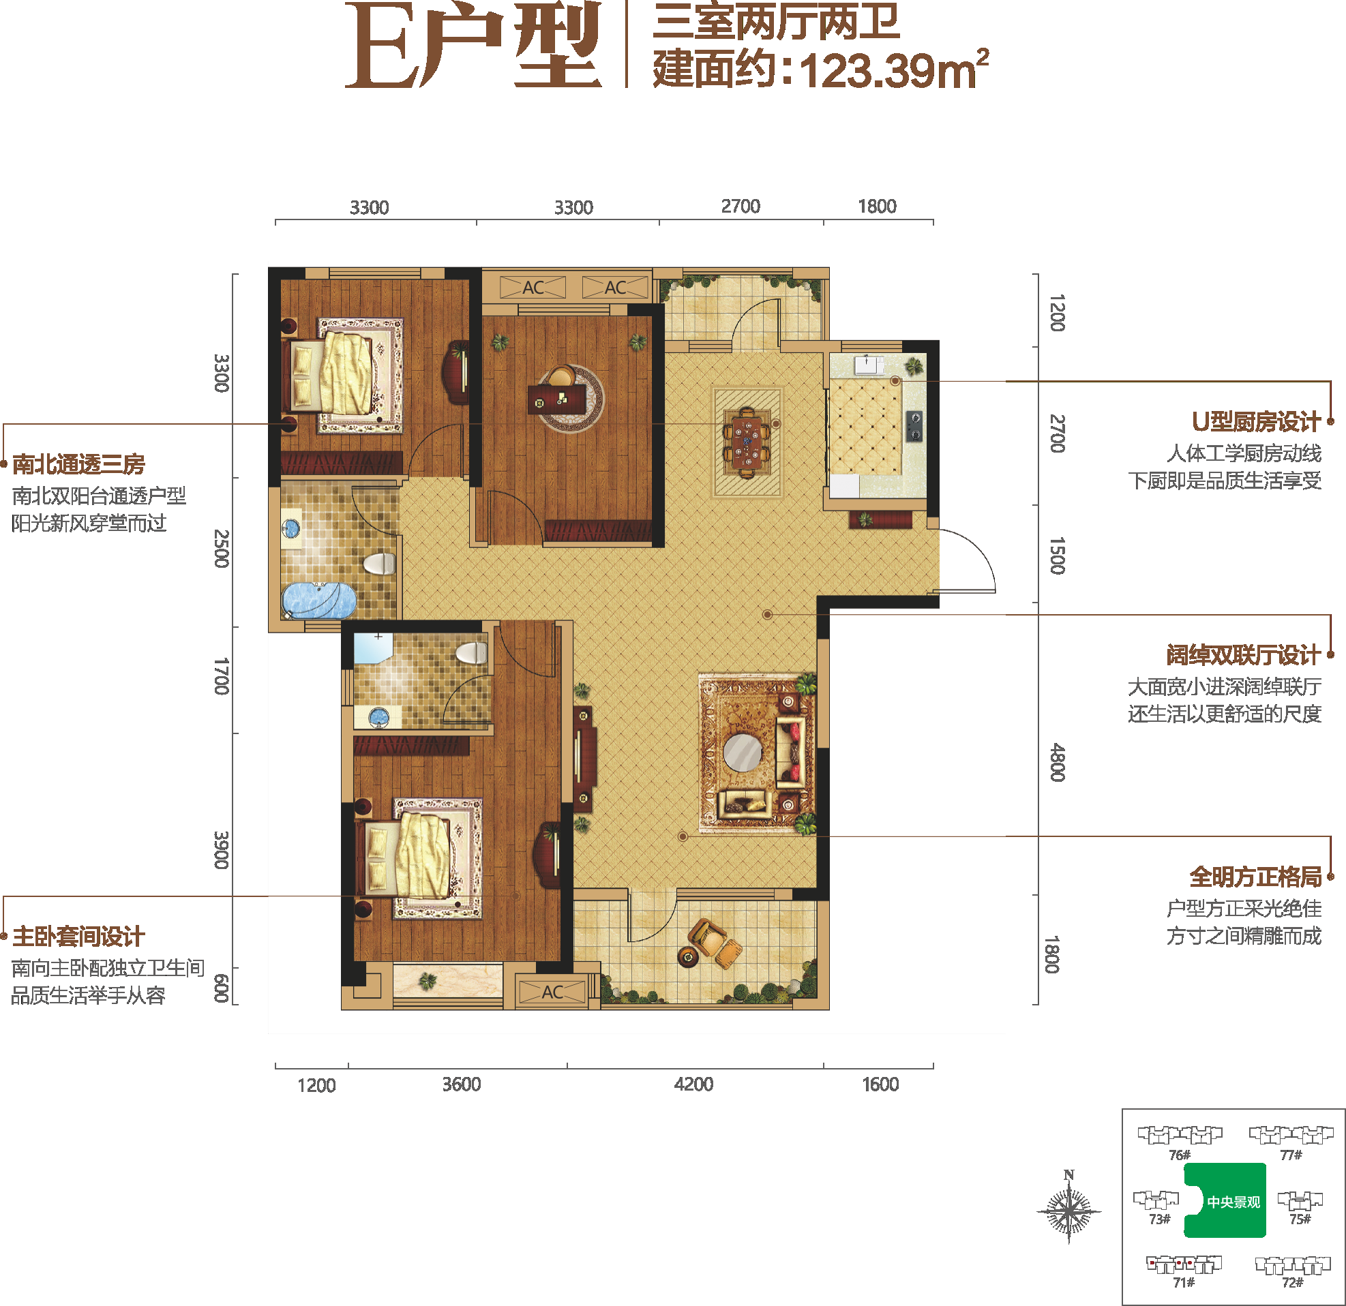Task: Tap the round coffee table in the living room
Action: pyautogui.click(x=743, y=753)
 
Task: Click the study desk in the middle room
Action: pyautogui.click(x=557, y=397)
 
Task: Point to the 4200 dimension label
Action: pyautogui.click(x=693, y=1084)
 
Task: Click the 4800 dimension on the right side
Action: pyautogui.click(x=1057, y=761)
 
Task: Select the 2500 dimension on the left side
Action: pyautogui.click(x=221, y=548)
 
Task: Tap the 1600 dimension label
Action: pyautogui.click(x=880, y=1084)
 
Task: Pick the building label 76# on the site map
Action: pyautogui.click(x=1179, y=1155)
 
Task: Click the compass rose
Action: pyautogui.click(x=1068, y=1209)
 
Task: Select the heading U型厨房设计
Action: pyautogui.click(x=1256, y=422)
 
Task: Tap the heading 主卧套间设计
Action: pyautogui.click(x=79, y=937)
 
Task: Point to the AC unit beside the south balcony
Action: pyautogui.click(x=552, y=992)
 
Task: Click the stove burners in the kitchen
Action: pyautogui.click(x=915, y=425)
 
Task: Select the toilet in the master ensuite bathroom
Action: pyautogui.click(x=472, y=653)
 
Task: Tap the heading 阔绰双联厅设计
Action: pyautogui.click(x=1243, y=655)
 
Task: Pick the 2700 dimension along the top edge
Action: pyautogui.click(x=741, y=206)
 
